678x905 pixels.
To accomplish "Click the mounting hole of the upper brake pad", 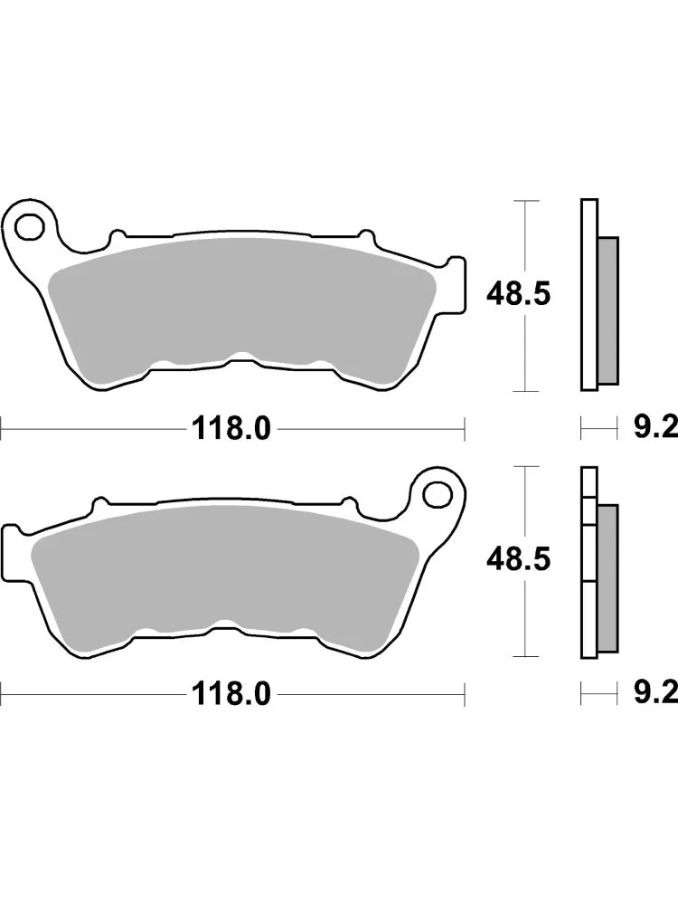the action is coord(30,227).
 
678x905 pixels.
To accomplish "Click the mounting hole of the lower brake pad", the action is coord(437,494).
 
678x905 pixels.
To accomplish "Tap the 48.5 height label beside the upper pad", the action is coord(518,294).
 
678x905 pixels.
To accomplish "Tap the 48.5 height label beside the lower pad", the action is coord(518,560).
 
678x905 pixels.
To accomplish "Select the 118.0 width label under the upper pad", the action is coord(231,429).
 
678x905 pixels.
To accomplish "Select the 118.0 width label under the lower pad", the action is coord(231,694).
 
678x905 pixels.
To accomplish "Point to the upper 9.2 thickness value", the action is coord(655,428).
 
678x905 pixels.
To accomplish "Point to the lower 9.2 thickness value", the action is coord(655,694).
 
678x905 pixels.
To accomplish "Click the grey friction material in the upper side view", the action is coord(608,310).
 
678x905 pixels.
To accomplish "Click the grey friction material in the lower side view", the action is coord(608,578).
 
